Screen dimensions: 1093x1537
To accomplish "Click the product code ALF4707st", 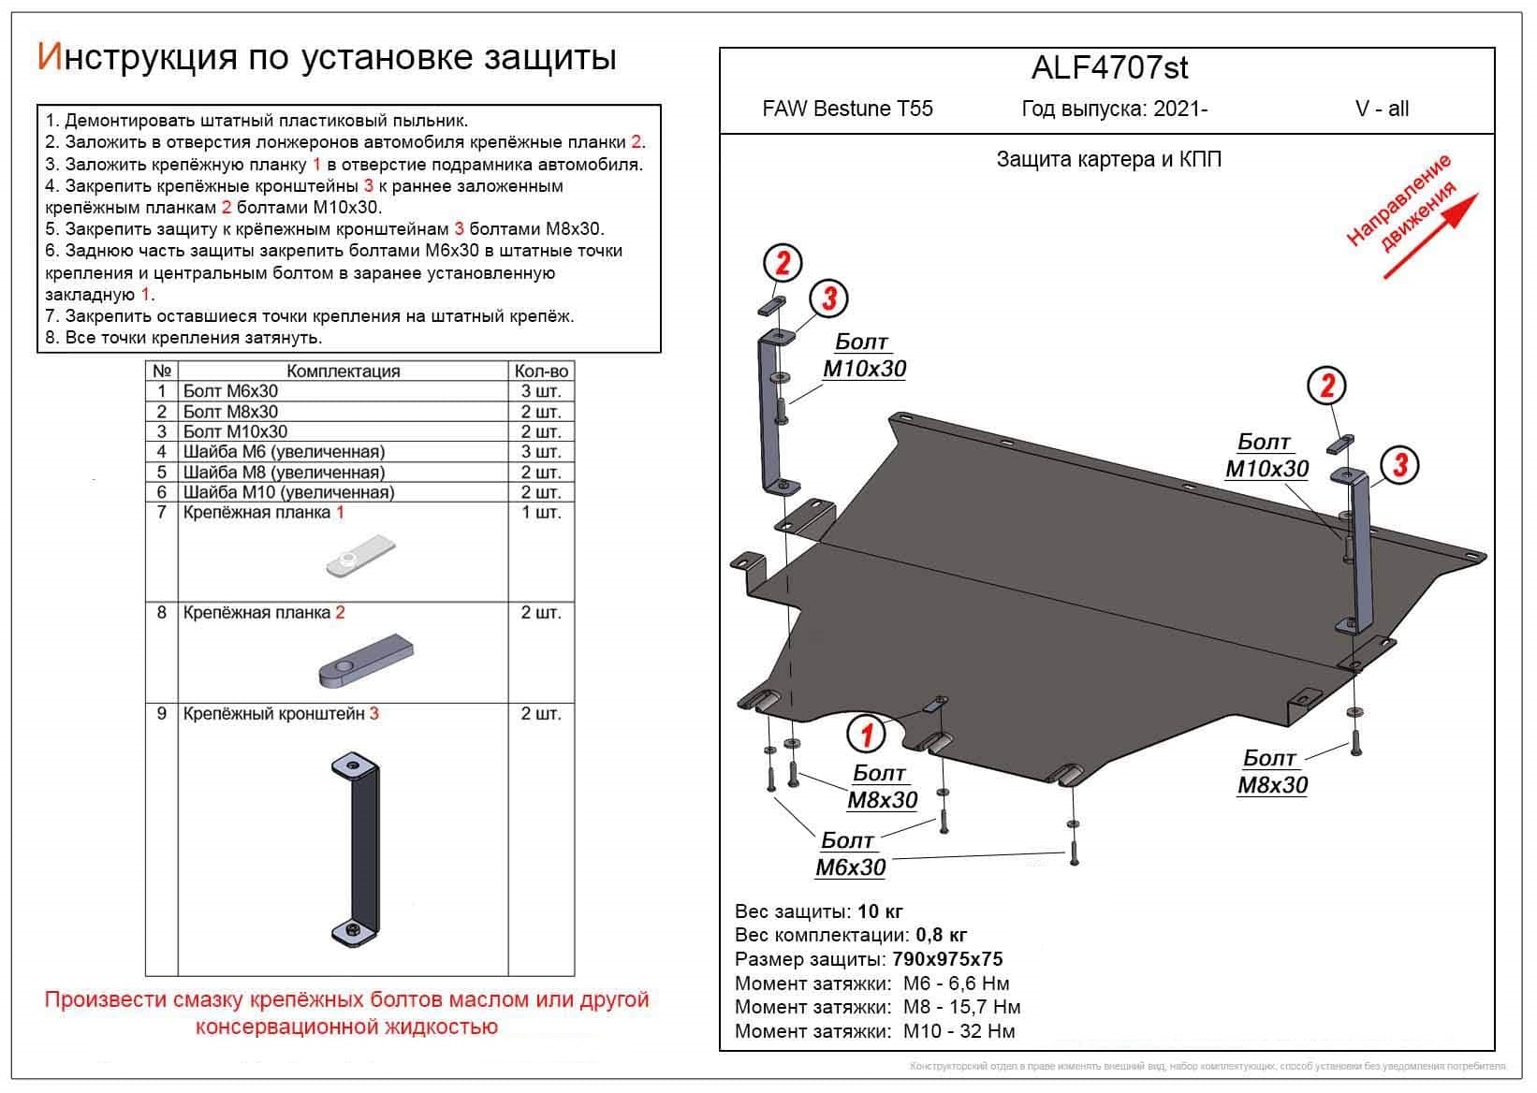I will pyautogui.click(x=1109, y=67).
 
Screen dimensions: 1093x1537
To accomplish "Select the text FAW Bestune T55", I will pyautogui.click(x=847, y=109).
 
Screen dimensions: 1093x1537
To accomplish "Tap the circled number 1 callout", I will pyautogui.click(x=866, y=734).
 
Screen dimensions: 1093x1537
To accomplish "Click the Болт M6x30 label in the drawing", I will pyautogui.click(x=850, y=854).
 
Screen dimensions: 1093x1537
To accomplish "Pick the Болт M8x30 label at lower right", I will pyautogui.click(x=1272, y=772).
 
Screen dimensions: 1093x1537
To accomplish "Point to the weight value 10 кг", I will pyautogui.click(x=880, y=911).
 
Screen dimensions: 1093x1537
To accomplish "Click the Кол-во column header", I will pyautogui.click(x=541, y=372).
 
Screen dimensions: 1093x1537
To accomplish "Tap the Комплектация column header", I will pyautogui.click(x=343, y=372).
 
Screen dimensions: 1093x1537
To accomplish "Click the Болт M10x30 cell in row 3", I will pyautogui.click(x=236, y=432).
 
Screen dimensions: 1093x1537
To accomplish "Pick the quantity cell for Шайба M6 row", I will pyautogui.click(x=541, y=452).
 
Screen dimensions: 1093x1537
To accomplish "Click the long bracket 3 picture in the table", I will pyautogui.click(x=357, y=847).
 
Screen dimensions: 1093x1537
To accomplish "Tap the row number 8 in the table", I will pyautogui.click(x=162, y=613).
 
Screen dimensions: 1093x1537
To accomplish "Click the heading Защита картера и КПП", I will pyautogui.click(x=1108, y=160).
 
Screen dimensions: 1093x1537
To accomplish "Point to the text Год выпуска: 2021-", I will pyautogui.click(x=1114, y=109).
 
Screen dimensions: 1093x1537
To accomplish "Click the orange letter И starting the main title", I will pyautogui.click(x=48, y=57).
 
